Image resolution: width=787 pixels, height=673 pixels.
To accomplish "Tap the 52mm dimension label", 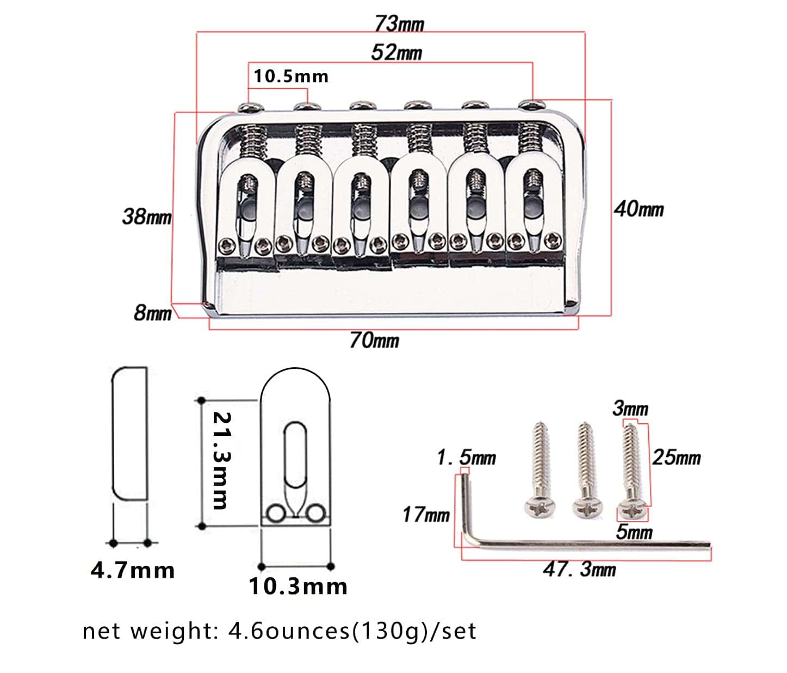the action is click(396, 52).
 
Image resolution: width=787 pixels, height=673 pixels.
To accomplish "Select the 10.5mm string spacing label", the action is click(291, 76).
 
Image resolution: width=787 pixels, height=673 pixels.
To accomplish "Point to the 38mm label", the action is click(147, 217).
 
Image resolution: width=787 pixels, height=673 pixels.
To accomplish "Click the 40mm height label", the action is click(639, 209).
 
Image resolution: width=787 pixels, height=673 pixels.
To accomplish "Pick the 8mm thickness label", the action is click(152, 313).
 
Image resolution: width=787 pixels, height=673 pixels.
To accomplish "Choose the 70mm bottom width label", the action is click(375, 340).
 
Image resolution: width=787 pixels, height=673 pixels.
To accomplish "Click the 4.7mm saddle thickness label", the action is click(133, 570).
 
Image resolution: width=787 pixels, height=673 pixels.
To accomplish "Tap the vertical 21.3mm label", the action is click(221, 460).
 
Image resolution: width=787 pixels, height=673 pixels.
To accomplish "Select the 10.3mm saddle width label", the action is click(298, 586).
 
